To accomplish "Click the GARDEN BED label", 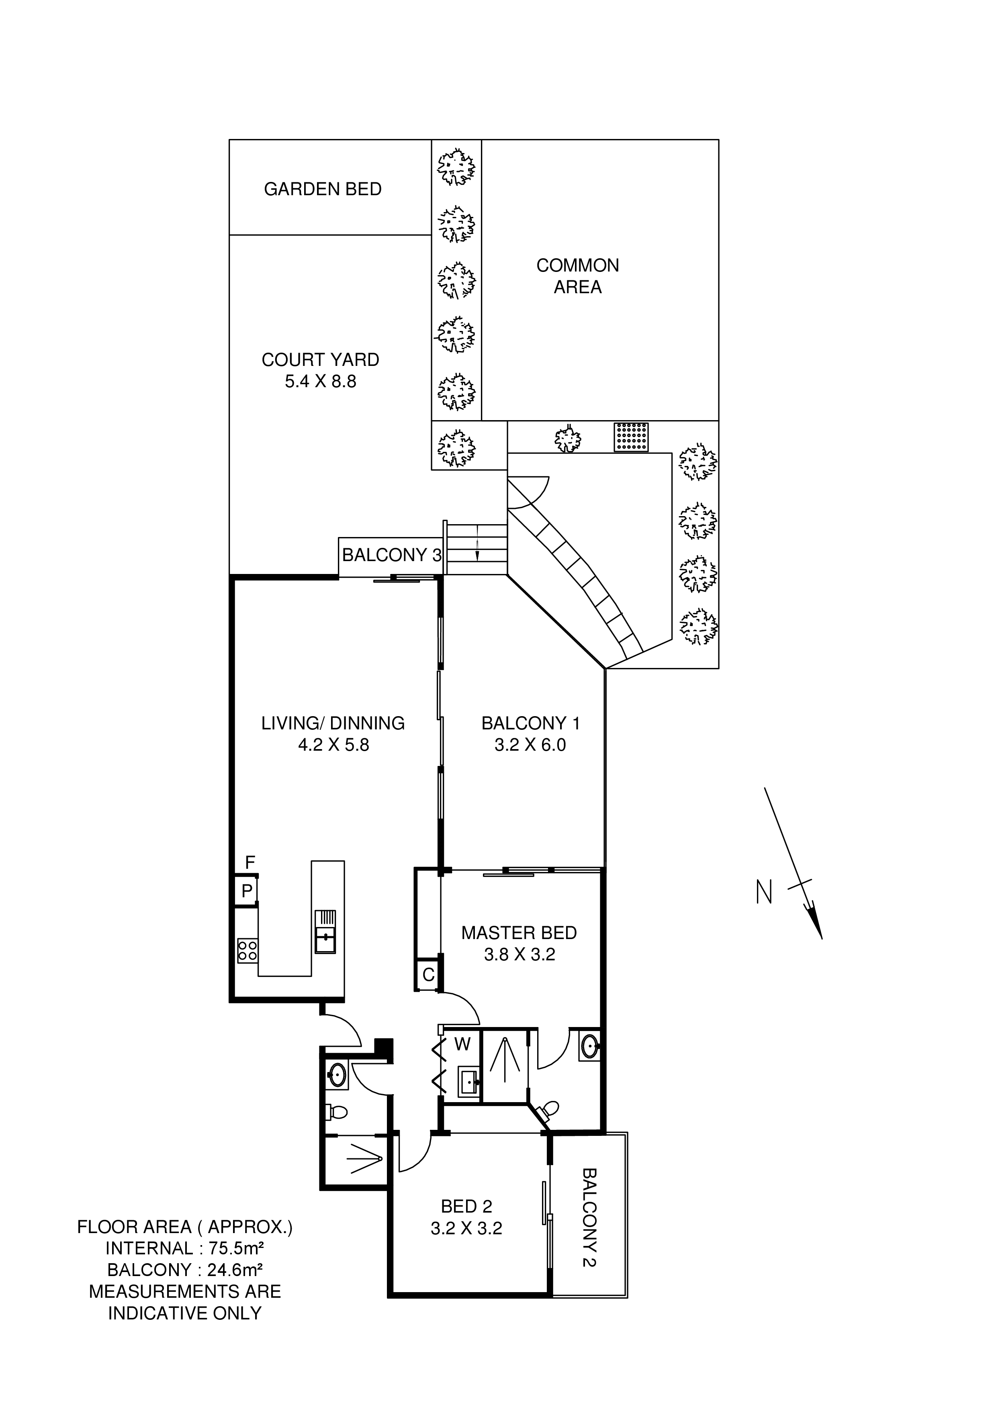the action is pyautogui.click(x=323, y=189).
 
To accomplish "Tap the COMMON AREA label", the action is pyautogui.click(x=577, y=276).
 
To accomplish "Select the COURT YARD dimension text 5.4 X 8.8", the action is pyautogui.click(x=320, y=382).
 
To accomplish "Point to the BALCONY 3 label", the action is pyautogui.click(x=391, y=555).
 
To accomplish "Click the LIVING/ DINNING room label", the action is pyautogui.click(x=333, y=723).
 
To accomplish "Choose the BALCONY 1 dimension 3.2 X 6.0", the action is pyautogui.click(x=530, y=745).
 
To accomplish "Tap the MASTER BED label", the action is pyautogui.click(x=519, y=933).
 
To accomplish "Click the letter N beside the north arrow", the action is pyautogui.click(x=764, y=892).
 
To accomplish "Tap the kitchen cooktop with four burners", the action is pyautogui.click(x=247, y=951).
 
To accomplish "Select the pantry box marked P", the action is pyautogui.click(x=247, y=891).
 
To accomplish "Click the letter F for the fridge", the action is pyautogui.click(x=250, y=863).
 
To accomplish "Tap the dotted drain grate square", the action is pyautogui.click(x=631, y=437).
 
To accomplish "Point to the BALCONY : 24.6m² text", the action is pyautogui.click(x=185, y=1270).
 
